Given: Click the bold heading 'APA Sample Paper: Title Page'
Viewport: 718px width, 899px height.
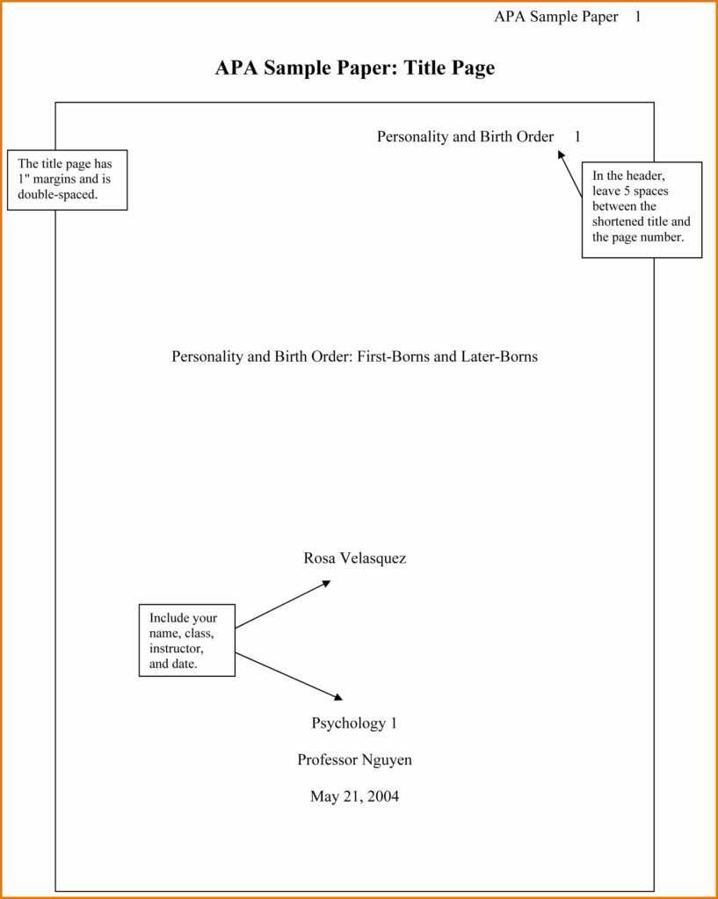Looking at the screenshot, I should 354,68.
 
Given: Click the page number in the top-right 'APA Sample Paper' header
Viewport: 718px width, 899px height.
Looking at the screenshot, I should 637,17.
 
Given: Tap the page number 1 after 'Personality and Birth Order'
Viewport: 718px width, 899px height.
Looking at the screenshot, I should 577,137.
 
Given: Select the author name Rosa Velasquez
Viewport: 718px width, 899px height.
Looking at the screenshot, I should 355,558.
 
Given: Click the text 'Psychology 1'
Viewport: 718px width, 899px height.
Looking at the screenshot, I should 354,723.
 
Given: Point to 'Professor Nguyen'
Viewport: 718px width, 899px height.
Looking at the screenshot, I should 354,760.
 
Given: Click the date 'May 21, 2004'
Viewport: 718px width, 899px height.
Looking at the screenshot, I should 354,797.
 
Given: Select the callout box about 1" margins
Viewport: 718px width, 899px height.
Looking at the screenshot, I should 67,180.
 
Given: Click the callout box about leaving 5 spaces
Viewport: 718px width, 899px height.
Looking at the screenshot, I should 642,209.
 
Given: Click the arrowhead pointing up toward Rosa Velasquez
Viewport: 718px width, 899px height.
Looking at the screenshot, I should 326,582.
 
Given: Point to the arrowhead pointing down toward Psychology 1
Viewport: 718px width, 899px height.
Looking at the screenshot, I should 337,698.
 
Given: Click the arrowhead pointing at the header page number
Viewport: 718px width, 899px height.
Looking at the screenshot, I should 561,155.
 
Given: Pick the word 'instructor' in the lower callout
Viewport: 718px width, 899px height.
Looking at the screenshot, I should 176,649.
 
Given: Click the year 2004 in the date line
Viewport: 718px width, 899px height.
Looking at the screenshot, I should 383,797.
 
